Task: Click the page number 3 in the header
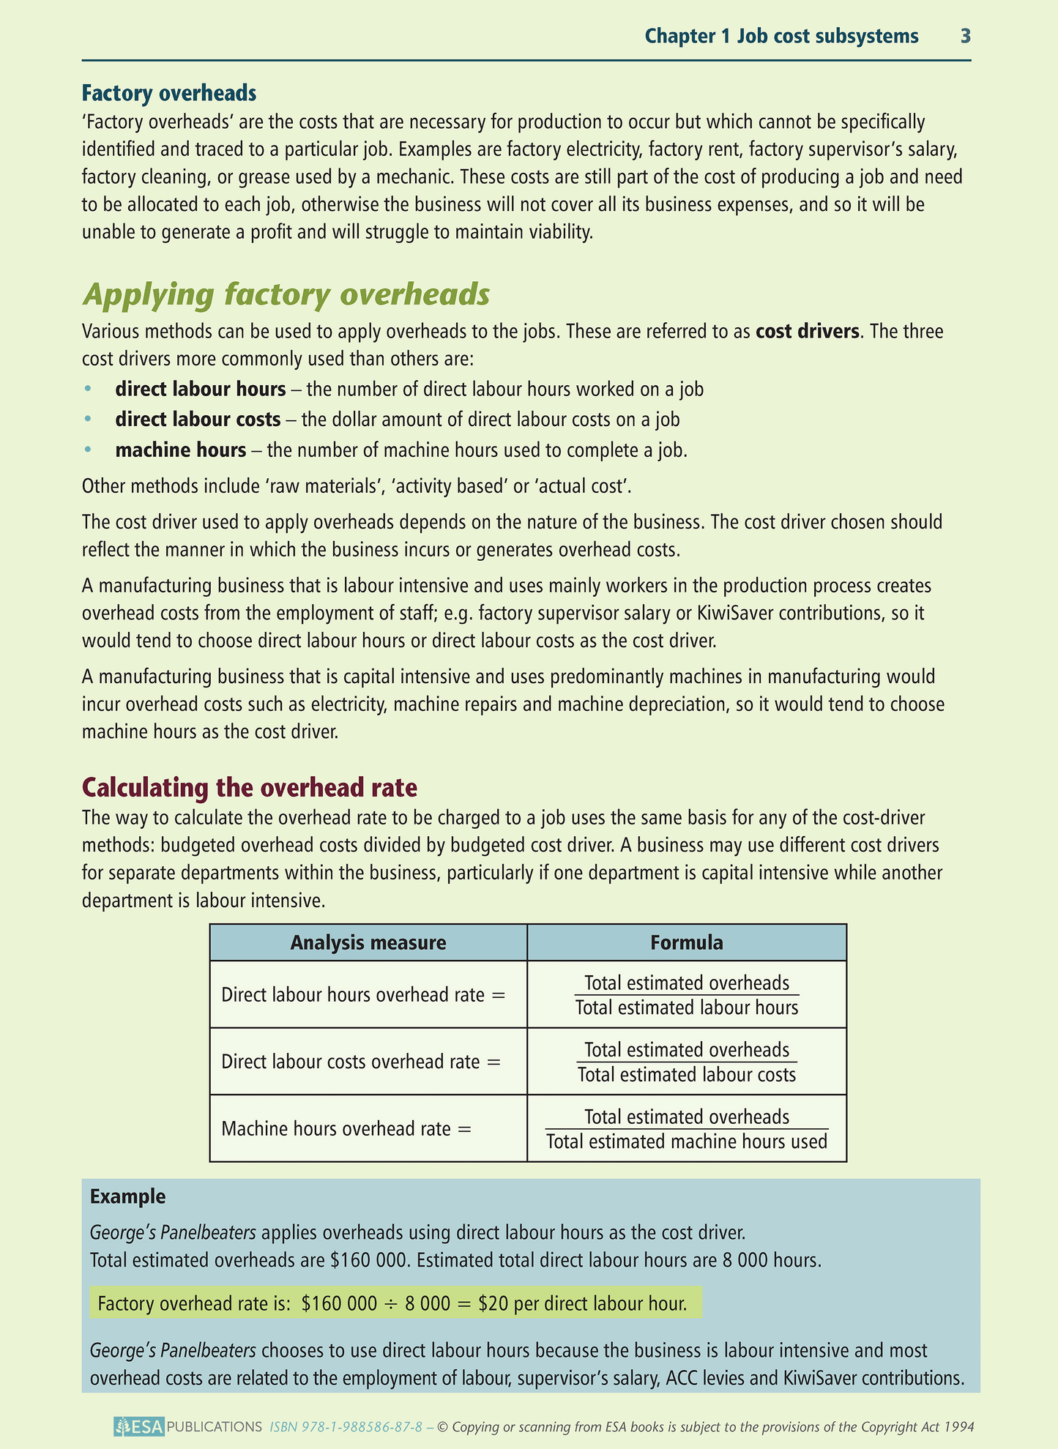click(x=965, y=36)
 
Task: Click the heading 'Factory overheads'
click(x=169, y=93)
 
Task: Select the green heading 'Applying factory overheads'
click(x=286, y=294)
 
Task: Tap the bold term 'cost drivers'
click(x=807, y=331)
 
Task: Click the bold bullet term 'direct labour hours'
click(x=201, y=389)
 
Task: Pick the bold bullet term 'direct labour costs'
click(x=198, y=419)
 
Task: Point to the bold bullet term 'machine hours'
click(x=181, y=449)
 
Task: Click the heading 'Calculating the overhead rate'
click(x=250, y=787)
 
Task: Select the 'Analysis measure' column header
click(x=368, y=942)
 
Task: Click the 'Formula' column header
click(x=687, y=942)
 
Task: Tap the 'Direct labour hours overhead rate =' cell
click(x=364, y=995)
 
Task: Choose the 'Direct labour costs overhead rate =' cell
click(x=361, y=1062)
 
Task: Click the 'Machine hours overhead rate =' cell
click(x=346, y=1128)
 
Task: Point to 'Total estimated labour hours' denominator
click(x=687, y=1007)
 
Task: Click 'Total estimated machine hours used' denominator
click(x=687, y=1141)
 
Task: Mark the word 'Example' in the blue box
click(x=128, y=1196)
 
